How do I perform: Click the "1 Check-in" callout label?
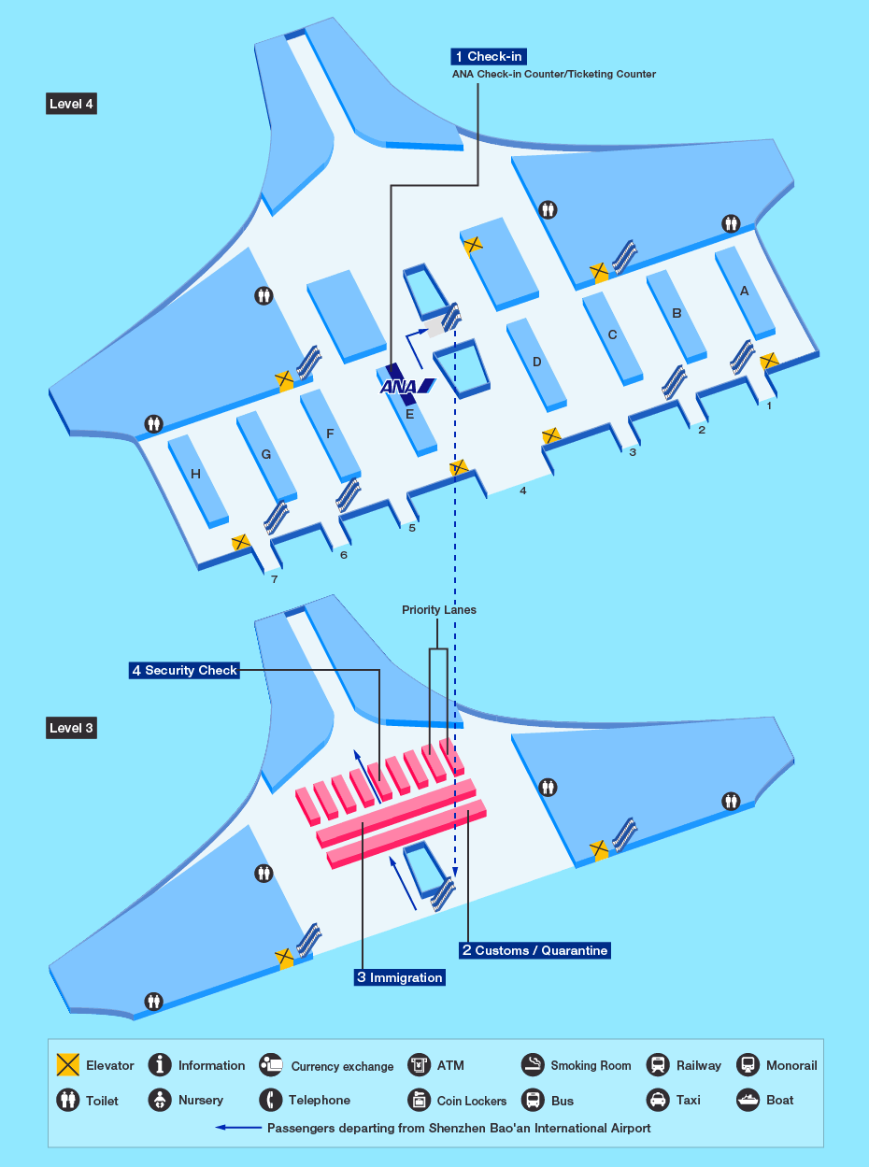coord(489,56)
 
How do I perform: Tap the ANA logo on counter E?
coord(407,387)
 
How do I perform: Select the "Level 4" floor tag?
coord(71,104)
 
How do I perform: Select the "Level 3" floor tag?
coord(71,728)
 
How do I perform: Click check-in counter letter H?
coord(196,474)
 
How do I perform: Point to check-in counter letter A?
coord(744,291)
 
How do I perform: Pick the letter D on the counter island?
coord(537,362)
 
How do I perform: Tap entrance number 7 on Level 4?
coord(274,579)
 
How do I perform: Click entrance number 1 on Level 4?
coord(769,406)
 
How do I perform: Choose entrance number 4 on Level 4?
coord(522,491)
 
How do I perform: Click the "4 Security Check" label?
coord(184,670)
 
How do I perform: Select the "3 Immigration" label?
coord(400,977)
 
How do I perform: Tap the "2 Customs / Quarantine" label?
coord(534,950)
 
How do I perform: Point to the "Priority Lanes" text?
coord(439,610)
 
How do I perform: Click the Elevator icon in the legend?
coord(68,1064)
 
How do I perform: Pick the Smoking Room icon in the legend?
coord(533,1065)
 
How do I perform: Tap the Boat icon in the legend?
coord(748,1100)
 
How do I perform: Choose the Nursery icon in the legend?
coord(160,1100)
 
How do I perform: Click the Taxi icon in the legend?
coord(658,1100)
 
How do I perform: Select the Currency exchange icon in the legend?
coord(271,1065)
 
